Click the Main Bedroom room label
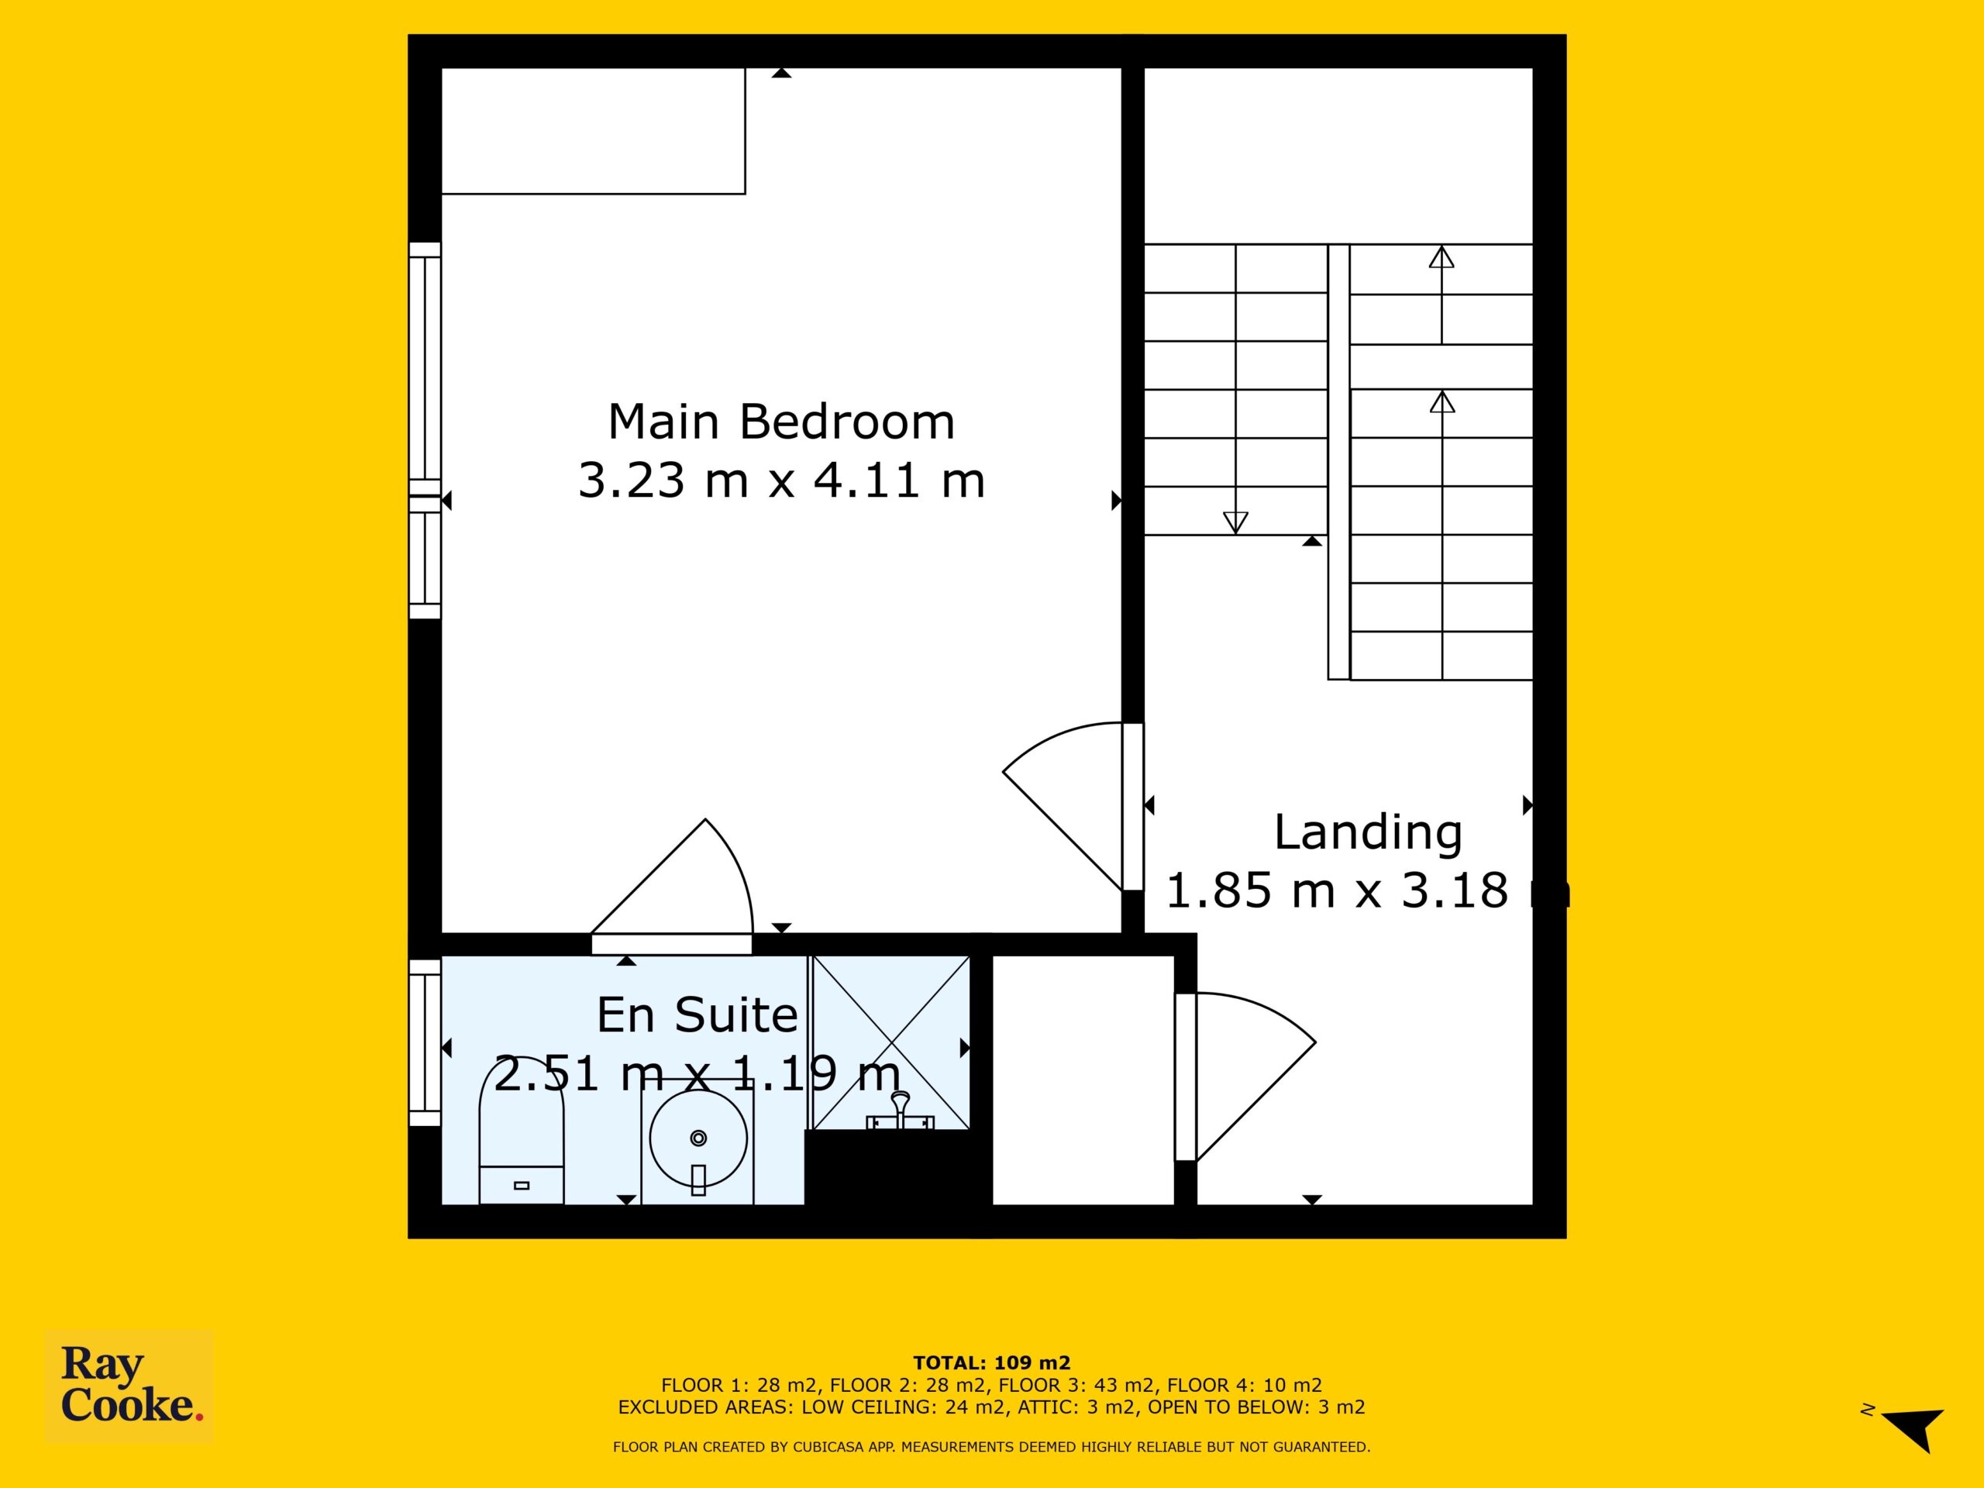click(781, 422)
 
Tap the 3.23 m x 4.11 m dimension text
click(781, 480)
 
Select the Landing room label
click(1368, 832)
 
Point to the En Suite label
click(697, 1015)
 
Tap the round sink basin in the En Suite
click(697, 1139)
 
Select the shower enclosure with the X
click(890, 1042)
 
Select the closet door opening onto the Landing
click(1246, 1076)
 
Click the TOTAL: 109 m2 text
click(992, 1364)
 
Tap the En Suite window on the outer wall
click(425, 1042)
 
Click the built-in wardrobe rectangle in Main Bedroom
click(593, 131)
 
